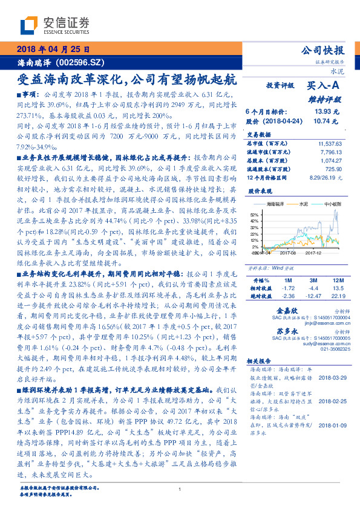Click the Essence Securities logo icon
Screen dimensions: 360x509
pyautogui.click(x=29, y=25)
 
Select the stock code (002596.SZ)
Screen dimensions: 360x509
pyautogui.click(x=82, y=62)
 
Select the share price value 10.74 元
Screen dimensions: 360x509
pyautogui.click(x=322, y=121)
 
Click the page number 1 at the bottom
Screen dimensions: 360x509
pyautogui.click(x=180, y=490)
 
